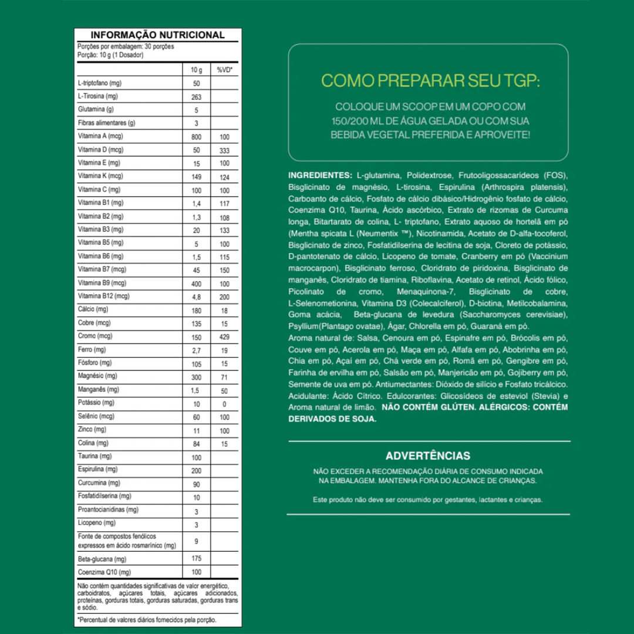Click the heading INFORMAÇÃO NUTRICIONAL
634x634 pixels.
pos(157,35)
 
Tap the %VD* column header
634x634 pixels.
pos(224,70)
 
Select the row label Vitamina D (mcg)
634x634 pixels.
pos(100,150)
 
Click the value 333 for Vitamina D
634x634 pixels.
pos(224,150)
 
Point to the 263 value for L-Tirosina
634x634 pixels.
pos(196,97)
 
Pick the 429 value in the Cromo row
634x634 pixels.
pos(224,337)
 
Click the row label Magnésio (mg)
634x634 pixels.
pos(97,376)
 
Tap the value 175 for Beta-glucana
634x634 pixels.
pos(196,559)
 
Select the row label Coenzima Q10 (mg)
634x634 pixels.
pos(104,572)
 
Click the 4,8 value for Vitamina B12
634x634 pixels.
pos(196,297)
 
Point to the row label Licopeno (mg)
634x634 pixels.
pos(97,522)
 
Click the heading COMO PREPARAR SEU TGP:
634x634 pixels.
pos(430,80)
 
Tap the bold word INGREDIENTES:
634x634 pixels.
pos(319,176)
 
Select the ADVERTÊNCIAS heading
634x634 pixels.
pos(428,456)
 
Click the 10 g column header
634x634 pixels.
pos(196,70)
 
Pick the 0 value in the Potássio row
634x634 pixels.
pos(224,404)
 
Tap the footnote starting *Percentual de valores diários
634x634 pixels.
pos(147,619)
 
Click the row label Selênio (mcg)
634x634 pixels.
pos(96,416)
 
